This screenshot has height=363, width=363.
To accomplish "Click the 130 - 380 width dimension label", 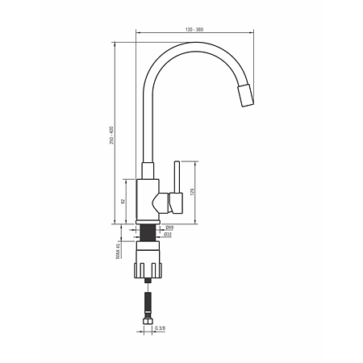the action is point(194,30).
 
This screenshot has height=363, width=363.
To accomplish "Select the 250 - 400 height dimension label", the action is point(112,135).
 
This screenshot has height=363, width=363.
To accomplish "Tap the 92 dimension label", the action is point(123,202).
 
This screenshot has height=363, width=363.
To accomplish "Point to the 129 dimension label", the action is point(192,192).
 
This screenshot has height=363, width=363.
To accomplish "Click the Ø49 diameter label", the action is point(169,227).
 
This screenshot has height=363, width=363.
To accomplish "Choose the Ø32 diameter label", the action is point(168,235).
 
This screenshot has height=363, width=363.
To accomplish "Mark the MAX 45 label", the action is point(118,252).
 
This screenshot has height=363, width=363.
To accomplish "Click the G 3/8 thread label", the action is point(161,328).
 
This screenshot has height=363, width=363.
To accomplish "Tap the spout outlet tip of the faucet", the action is point(245,96).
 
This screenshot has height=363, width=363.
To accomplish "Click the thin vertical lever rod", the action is point(177,177).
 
